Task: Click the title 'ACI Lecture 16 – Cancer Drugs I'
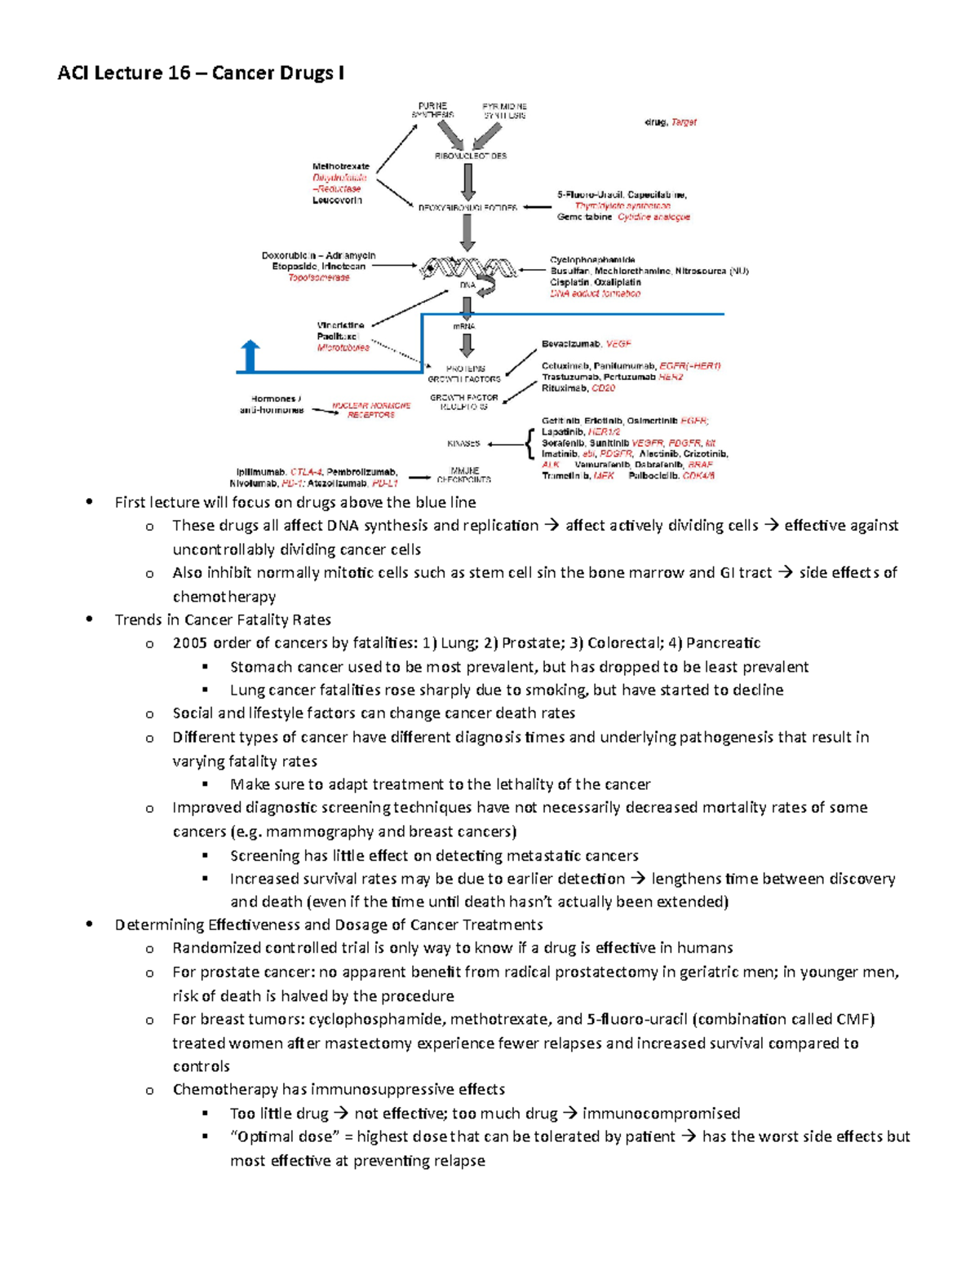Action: click(201, 73)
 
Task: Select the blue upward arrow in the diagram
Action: click(250, 356)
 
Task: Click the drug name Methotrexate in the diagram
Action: click(341, 166)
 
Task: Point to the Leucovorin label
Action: click(337, 200)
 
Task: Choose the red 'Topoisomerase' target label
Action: click(318, 277)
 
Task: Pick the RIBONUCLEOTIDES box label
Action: click(471, 156)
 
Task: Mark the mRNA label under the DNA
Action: click(464, 326)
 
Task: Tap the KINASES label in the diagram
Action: click(463, 443)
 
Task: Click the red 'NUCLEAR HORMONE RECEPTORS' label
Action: click(371, 410)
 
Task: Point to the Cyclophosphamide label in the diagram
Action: click(592, 260)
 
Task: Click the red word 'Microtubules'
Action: click(343, 347)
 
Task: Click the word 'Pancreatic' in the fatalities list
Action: click(724, 643)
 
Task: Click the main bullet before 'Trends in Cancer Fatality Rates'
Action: click(90, 620)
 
